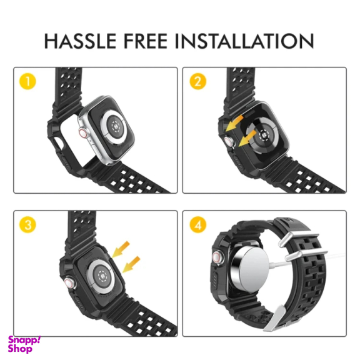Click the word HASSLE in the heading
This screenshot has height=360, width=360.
coord(80,41)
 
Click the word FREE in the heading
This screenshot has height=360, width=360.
coord(146,41)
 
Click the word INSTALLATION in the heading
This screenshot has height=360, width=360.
coord(244,41)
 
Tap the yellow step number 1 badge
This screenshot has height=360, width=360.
coord(27,81)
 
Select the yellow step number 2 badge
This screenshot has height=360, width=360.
coord(198,81)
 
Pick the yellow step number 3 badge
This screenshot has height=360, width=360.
coord(27,224)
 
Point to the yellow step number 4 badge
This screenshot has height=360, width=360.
coord(198,224)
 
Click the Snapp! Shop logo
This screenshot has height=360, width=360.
coord(24,344)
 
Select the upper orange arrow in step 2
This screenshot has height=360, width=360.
coord(234,123)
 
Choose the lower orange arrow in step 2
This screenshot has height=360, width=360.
coord(247,138)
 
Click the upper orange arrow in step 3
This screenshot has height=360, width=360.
coord(121,249)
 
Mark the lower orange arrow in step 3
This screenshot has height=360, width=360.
coord(131,264)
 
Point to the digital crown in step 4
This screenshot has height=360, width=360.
coord(216,257)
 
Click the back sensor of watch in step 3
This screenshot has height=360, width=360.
coord(101,276)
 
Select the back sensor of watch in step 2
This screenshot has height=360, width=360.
coord(262,134)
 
